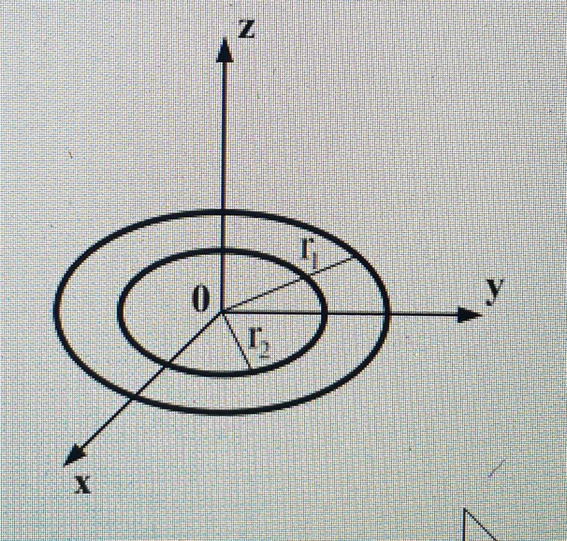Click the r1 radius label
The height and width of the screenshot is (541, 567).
[308, 256]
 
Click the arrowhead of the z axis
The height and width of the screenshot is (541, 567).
[224, 50]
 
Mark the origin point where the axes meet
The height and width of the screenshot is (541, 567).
[223, 312]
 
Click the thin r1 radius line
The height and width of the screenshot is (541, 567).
[288, 285]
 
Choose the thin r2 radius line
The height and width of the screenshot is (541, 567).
[236, 340]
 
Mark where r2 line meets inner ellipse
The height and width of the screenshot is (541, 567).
[250, 369]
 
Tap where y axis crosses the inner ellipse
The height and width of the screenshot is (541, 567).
[324, 313]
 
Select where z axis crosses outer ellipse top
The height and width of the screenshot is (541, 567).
[223, 213]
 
